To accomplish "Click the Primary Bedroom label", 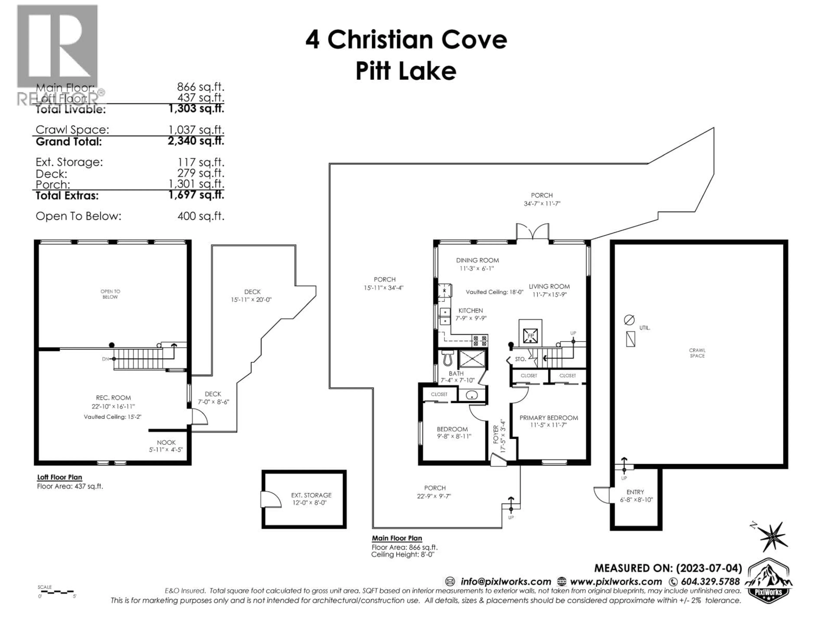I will (548, 418).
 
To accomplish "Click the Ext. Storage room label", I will (311, 495).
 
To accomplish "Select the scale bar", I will (56, 592).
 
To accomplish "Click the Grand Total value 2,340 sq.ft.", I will (196, 141).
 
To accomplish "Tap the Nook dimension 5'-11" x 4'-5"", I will (166, 450).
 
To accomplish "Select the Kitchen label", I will (471, 311).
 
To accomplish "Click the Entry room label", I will (635, 492).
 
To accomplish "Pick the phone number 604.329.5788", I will (710, 582).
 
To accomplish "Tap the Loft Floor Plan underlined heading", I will (59, 477).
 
